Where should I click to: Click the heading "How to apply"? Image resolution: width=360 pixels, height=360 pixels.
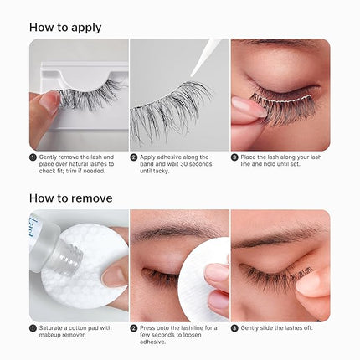tap(65, 27)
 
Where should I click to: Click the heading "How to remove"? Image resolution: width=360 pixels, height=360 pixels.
tap(71, 198)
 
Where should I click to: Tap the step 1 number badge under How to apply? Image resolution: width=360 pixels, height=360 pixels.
tap(33, 157)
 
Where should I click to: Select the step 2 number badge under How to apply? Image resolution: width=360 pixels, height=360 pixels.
tap(134, 157)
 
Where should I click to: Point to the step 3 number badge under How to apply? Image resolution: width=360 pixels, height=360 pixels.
tap(235, 157)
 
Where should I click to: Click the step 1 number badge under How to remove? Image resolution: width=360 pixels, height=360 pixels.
tap(33, 328)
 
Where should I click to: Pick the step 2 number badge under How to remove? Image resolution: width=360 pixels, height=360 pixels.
tap(134, 328)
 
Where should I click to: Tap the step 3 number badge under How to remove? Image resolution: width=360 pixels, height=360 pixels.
tap(235, 328)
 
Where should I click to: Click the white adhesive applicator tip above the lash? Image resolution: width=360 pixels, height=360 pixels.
tap(208, 50)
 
